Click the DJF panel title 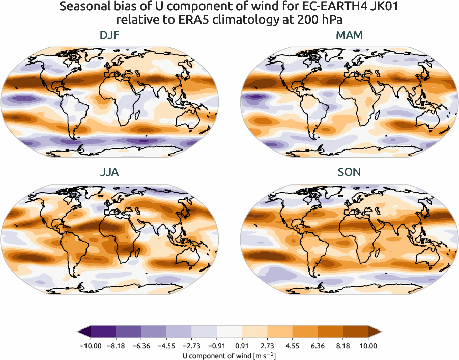[x=110, y=35]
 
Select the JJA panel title [x=110, y=172]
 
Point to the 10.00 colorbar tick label [x=368, y=346]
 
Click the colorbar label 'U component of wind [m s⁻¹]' [x=230, y=355]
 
